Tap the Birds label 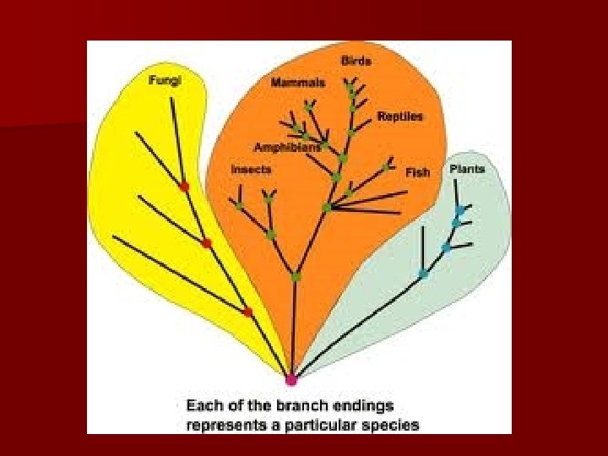click(x=356, y=61)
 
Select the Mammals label click(x=297, y=83)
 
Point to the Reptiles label click(x=399, y=116)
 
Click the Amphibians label click(x=288, y=146)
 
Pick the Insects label click(x=251, y=169)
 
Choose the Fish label click(x=417, y=172)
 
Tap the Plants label click(x=467, y=169)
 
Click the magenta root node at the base click(x=290, y=380)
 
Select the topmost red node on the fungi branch click(x=184, y=186)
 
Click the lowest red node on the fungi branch click(x=247, y=312)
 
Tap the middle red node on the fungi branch click(x=207, y=243)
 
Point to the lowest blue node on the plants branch click(x=423, y=274)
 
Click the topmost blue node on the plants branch click(x=459, y=210)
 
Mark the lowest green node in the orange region click(x=296, y=276)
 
